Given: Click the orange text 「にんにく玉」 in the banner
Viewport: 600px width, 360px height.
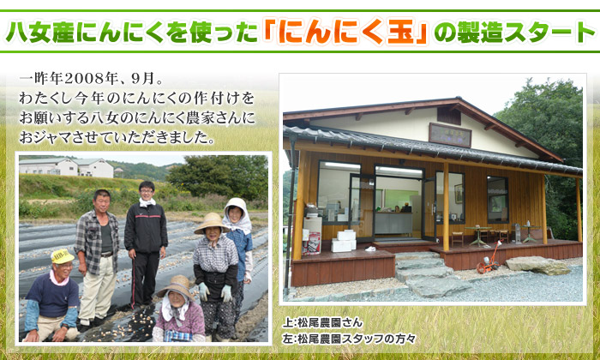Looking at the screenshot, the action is coord(345,33).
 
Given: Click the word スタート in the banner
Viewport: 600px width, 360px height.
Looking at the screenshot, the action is coord(549,33).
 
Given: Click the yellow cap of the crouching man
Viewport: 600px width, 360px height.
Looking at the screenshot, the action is coord(62,256).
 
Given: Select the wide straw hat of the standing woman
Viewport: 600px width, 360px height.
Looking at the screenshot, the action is coord(211,223).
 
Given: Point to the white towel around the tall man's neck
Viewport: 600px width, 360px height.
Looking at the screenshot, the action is coord(147,202).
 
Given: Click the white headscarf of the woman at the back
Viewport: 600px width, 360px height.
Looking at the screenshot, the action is coord(237,215).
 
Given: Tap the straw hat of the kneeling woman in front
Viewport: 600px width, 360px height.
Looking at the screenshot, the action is coord(177,286).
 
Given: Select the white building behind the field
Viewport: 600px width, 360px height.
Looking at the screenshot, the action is coord(67,167).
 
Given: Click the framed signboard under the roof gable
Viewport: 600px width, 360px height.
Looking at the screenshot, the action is coord(450,135).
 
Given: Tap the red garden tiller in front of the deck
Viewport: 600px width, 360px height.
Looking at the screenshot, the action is coord(489,258).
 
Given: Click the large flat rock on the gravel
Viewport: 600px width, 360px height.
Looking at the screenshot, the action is coord(537,265).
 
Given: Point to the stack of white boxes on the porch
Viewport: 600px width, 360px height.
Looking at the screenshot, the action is coord(344,241).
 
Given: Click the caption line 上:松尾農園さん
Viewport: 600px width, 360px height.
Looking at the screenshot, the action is coord(322,322).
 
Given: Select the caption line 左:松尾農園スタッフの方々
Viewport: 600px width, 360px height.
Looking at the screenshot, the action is coord(349,339).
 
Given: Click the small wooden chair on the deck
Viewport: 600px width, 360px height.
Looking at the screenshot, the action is coord(457,239).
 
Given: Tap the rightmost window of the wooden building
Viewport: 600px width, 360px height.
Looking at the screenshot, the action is coord(497,200).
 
